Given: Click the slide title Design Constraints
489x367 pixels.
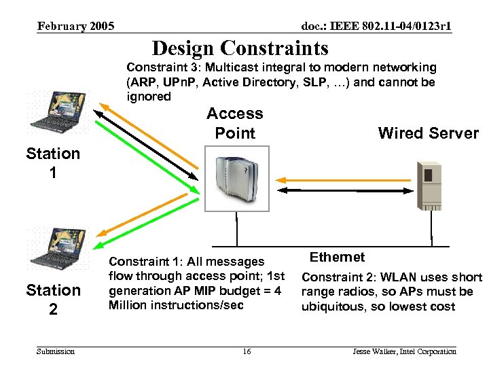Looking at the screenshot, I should pyautogui.click(x=240, y=48).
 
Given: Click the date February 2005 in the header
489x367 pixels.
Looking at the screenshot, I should pyautogui.click(x=75, y=27).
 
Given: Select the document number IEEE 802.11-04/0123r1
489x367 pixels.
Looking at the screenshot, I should pyautogui.click(x=376, y=27).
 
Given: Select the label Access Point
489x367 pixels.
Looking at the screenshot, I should pyautogui.click(x=234, y=123).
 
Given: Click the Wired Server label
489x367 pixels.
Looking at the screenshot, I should pyautogui.click(x=428, y=133).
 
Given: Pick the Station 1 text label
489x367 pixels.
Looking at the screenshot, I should pyautogui.click(x=53, y=163).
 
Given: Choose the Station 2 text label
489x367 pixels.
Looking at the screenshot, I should pyautogui.click(x=53, y=300).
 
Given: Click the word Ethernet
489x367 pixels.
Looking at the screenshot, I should pyautogui.click(x=337, y=257).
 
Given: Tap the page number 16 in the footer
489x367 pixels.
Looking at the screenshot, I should pyautogui.click(x=247, y=351).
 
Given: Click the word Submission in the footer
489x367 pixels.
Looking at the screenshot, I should pyautogui.click(x=56, y=351).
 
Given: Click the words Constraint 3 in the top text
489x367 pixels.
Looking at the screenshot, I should pyautogui.click(x=161, y=67).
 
